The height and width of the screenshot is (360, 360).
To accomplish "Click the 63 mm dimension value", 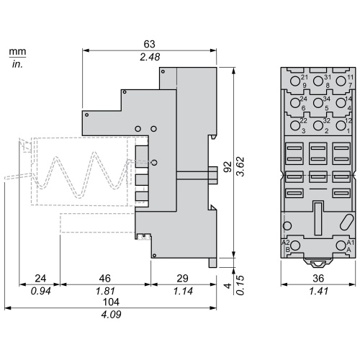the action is click(x=149, y=44).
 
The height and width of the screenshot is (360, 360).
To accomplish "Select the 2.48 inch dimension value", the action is click(x=150, y=57).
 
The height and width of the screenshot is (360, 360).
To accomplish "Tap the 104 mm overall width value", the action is click(x=111, y=302).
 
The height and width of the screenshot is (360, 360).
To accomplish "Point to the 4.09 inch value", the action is click(x=111, y=315).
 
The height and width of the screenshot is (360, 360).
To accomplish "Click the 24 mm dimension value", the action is click(x=40, y=279).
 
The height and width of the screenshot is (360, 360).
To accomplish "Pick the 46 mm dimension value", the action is click(x=105, y=279).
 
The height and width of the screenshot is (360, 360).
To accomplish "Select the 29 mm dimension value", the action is click(x=183, y=279).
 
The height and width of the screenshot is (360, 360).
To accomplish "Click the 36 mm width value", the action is click(x=318, y=279).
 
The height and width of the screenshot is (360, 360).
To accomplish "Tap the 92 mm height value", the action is click(x=228, y=167).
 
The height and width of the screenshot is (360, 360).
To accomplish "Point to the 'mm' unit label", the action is click(x=17, y=51).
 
